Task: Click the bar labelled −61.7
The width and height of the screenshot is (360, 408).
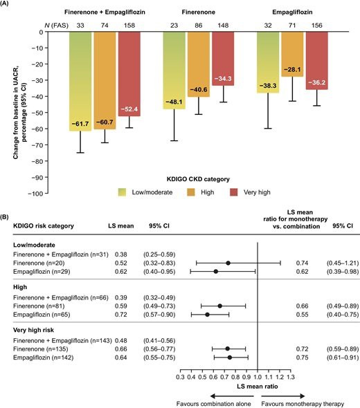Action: pos(80,81)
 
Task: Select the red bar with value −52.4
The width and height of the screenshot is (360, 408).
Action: pos(129,74)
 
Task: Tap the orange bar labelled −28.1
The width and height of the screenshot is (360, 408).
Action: pos(292,54)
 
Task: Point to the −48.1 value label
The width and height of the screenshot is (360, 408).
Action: pos(174,102)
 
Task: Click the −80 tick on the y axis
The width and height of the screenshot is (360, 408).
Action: pos(37,161)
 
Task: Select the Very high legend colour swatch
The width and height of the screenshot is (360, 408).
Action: pos(234,192)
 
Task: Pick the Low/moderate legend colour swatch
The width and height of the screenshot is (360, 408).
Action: pos(122,192)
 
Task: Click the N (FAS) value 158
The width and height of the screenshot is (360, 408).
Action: pos(129,25)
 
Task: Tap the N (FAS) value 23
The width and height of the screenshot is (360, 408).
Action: pos(174,25)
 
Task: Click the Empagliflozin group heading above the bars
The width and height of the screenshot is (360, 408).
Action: pos(292,12)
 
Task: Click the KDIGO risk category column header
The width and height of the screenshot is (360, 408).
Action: pos(44,226)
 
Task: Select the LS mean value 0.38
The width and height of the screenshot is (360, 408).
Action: pos(121,254)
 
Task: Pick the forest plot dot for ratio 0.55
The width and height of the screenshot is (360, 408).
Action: pos(208,315)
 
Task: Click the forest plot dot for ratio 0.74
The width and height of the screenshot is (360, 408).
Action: pos(228,263)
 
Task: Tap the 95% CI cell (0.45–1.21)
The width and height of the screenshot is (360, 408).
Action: pos(343,263)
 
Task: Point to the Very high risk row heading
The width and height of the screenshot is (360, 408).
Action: pos(34,330)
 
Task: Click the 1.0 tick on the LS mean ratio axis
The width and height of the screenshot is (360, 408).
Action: pos(258,377)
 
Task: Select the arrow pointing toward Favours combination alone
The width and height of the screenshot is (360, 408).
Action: pos(232,396)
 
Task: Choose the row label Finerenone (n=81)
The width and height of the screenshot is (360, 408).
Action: pos(39,306)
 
